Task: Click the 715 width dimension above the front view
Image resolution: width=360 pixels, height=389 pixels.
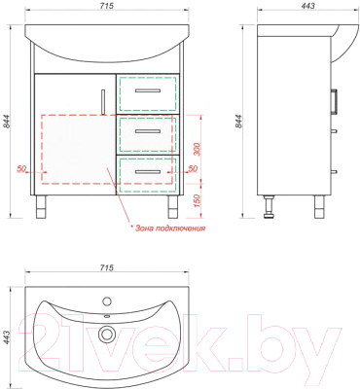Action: pos(107,6)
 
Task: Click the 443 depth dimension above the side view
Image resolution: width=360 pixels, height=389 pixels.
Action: pos(307,6)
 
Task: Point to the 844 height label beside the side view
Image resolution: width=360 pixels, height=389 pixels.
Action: pos(238,122)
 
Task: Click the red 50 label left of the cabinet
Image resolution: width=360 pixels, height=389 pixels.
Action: pos(21,168)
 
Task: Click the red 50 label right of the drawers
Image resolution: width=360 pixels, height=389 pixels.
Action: pos(193,168)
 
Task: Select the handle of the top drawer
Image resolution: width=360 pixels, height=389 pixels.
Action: pos(148,90)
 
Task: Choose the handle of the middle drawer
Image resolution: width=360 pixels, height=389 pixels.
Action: pos(148,131)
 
